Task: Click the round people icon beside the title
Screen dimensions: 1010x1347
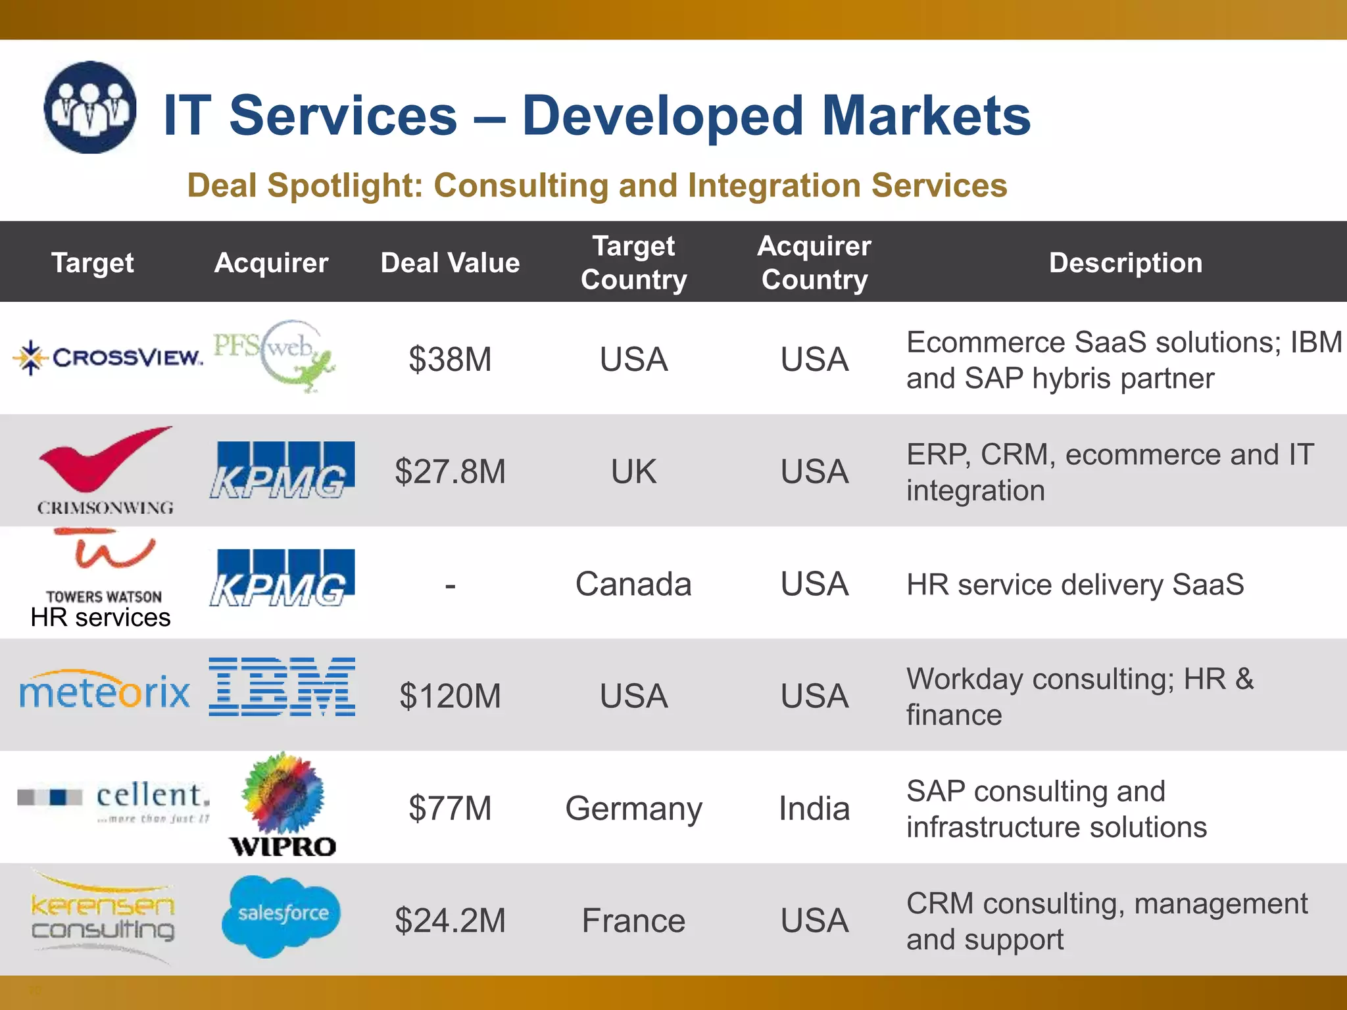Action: (90, 108)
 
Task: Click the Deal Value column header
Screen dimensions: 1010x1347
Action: (450, 263)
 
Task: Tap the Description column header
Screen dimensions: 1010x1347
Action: (1125, 263)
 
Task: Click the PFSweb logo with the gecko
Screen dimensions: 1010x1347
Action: (275, 356)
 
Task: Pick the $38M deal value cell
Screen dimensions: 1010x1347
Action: (450, 359)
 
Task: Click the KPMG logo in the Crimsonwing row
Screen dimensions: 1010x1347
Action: (282, 470)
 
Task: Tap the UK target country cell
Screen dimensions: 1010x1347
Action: (633, 471)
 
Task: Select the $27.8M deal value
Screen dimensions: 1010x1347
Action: (450, 471)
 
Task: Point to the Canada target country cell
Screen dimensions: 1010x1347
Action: (633, 584)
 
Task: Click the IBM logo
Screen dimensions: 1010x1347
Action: (282, 686)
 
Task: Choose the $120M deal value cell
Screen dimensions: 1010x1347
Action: (450, 696)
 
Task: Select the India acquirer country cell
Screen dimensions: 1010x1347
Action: (814, 808)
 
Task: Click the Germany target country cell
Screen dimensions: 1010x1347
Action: (633, 808)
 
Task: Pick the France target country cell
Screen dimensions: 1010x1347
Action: (633, 921)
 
